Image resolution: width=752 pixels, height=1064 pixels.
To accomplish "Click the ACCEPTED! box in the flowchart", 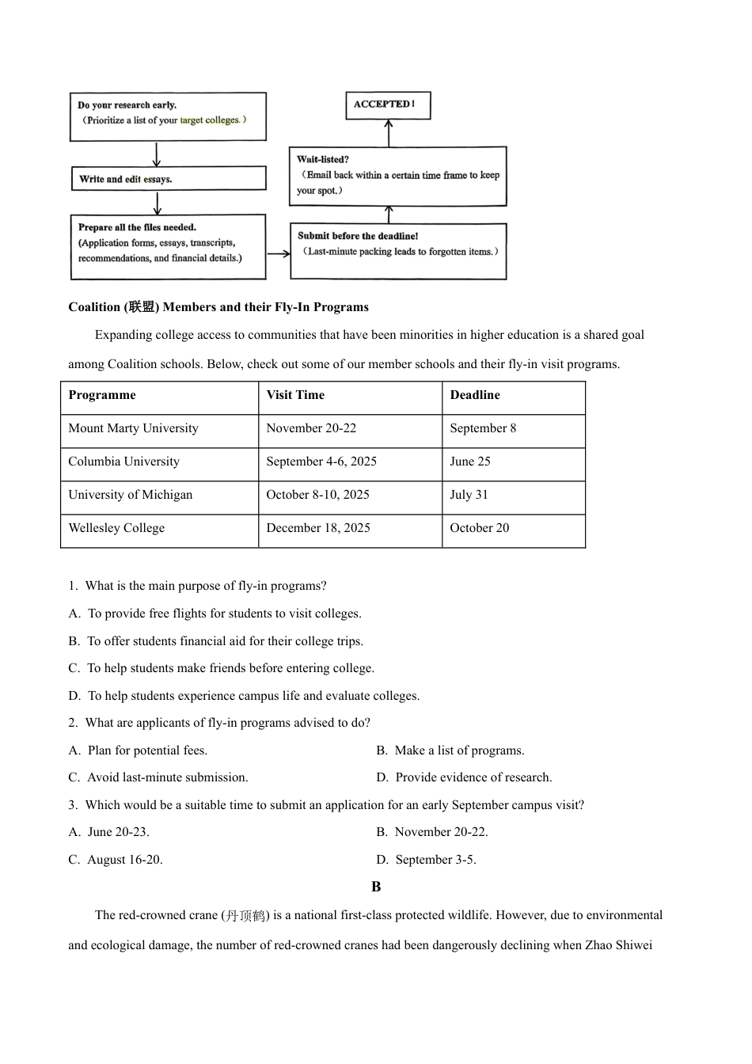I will [x=388, y=105].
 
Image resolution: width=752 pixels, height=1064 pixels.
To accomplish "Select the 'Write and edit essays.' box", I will [x=168, y=179].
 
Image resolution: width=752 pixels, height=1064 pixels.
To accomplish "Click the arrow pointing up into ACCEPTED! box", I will [x=389, y=133].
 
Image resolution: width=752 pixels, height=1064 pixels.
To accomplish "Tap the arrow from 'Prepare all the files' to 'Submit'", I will [x=278, y=254].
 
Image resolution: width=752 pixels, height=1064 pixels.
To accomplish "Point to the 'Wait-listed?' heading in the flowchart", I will [x=323, y=160].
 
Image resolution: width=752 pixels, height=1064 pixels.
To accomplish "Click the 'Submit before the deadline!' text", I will [x=358, y=236].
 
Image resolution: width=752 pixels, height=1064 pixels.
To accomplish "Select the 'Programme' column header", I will [x=102, y=395].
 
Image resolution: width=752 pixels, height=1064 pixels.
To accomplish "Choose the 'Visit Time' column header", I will [x=295, y=395].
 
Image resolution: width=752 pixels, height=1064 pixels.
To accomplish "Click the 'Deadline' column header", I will [x=475, y=395].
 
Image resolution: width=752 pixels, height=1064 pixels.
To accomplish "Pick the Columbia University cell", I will [x=124, y=462].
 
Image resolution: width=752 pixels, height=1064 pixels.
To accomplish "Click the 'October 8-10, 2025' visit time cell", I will [x=317, y=495].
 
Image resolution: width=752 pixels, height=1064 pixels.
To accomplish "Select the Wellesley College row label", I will [x=116, y=528].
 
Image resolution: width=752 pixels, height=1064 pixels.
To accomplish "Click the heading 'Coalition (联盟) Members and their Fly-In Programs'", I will [x=218, y=307].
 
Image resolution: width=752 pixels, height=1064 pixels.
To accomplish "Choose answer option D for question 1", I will [x=244, y=696].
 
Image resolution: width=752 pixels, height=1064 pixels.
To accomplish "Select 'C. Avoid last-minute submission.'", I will [x=158, y=777].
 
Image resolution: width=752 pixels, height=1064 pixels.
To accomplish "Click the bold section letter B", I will [x=376, y=887].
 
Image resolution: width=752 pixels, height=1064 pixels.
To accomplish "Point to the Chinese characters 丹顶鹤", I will [x=245, y=916].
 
